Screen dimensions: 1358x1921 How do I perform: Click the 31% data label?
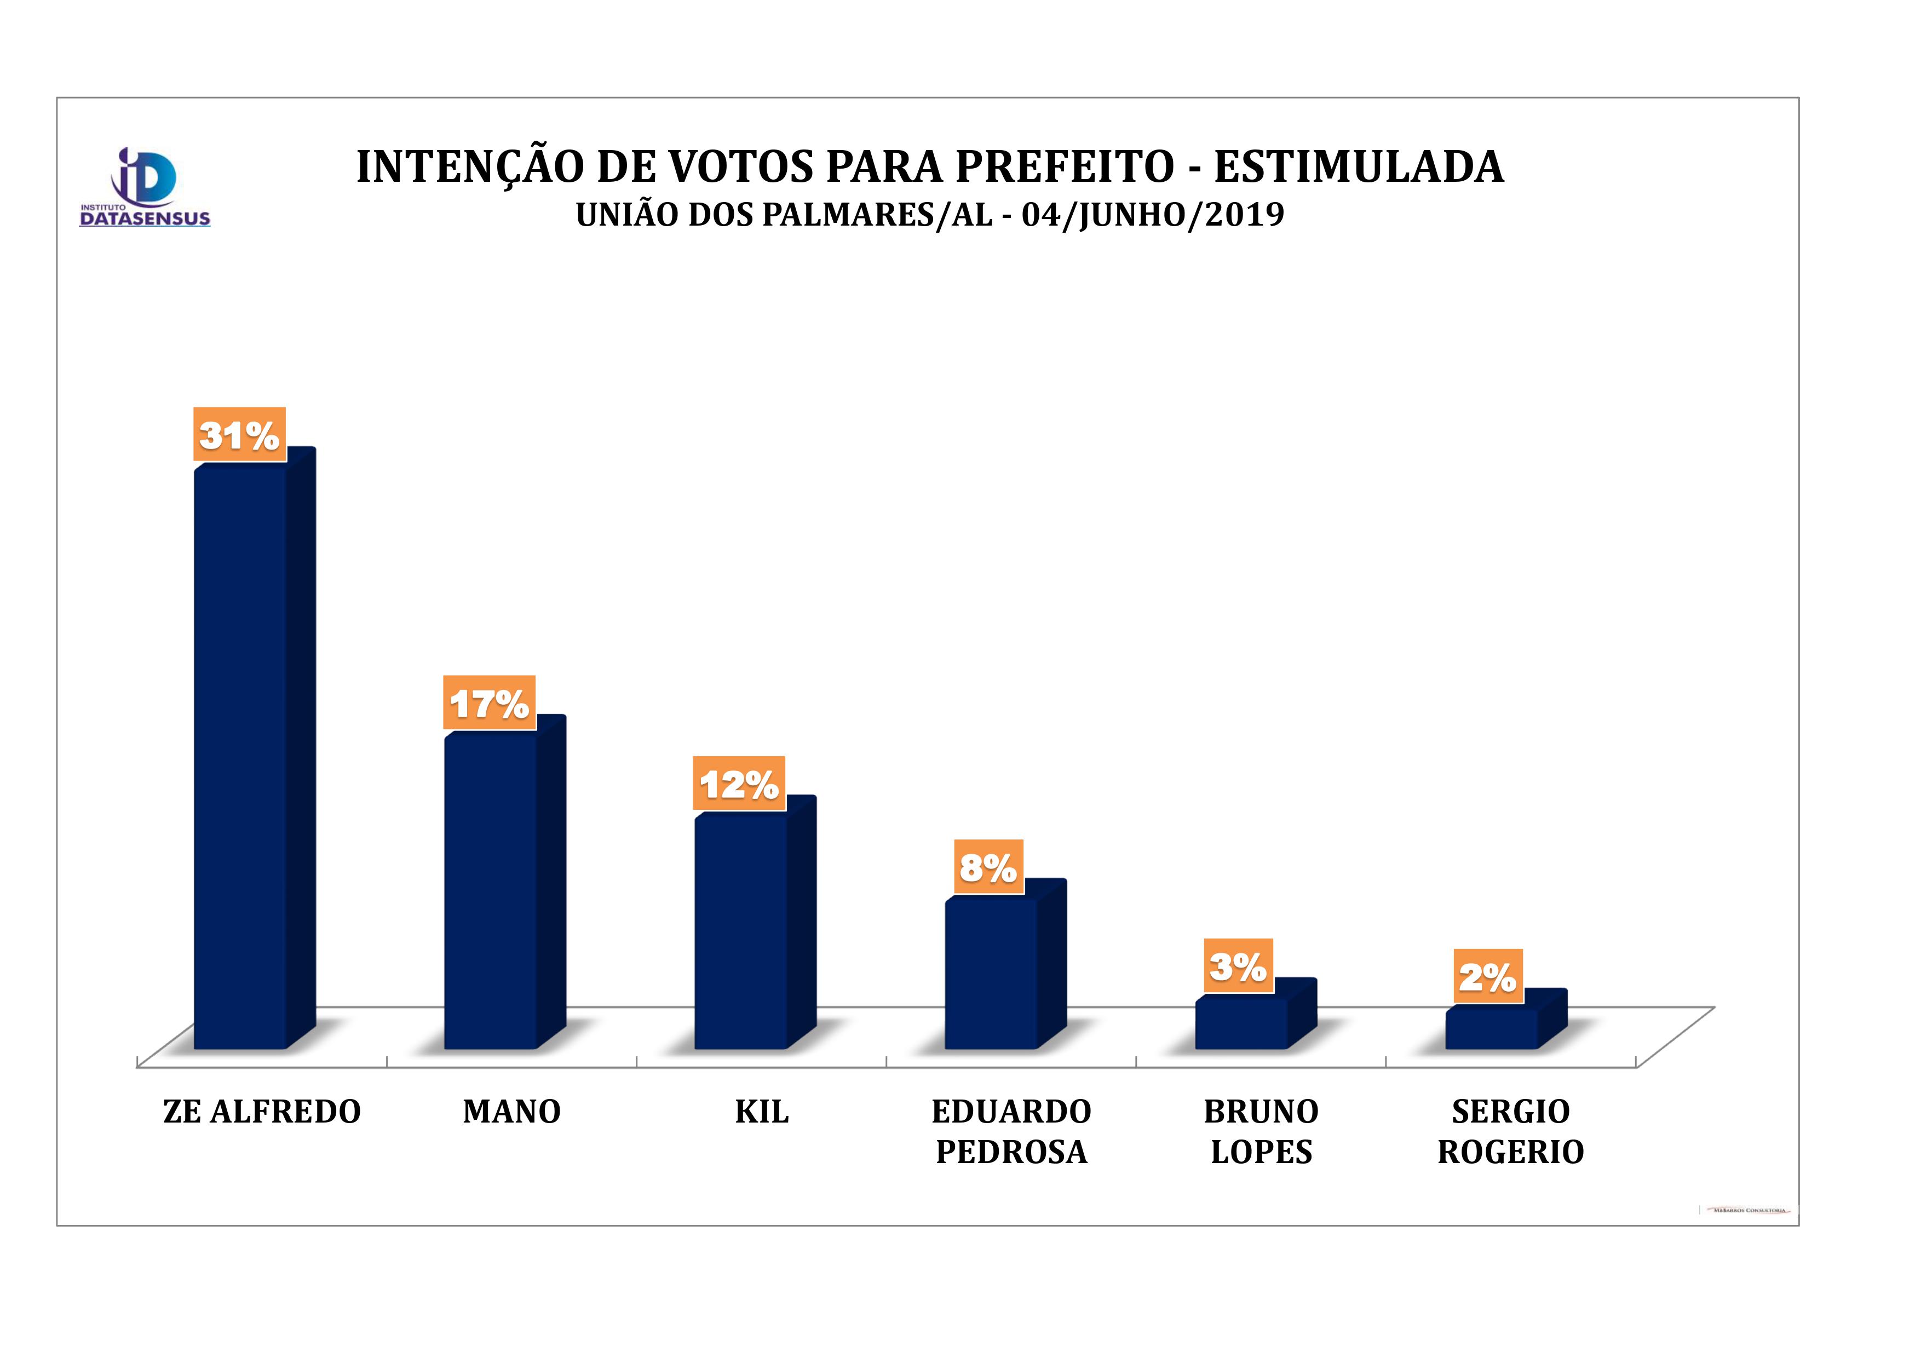point(239,434)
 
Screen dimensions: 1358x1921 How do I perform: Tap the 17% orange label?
point(490,703)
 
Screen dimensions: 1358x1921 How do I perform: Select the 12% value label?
point(739,783)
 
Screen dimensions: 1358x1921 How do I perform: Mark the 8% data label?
point(988,867)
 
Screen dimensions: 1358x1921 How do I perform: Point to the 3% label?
point(1238,965)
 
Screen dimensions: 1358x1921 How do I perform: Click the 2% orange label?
point(1488,976)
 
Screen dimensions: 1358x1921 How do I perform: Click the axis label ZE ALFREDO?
point(262,1111)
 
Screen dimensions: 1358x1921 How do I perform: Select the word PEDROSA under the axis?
point(1011,1152)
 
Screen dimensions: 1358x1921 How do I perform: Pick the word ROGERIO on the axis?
point(1511,1152)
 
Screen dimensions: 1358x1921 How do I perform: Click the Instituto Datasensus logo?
point(144,187)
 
